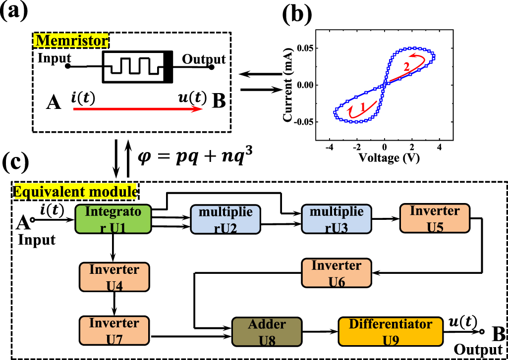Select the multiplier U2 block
coord(226,220)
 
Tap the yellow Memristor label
coord(71,39)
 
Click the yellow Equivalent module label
coord(75,191)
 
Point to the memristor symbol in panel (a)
coord(137,67)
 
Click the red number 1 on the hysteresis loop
coord(362,106)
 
